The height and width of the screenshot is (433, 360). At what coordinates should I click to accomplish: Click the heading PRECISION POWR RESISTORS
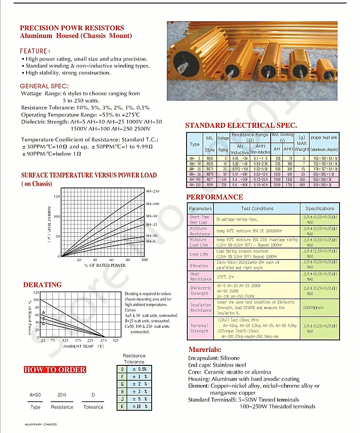click(x=72, y=28)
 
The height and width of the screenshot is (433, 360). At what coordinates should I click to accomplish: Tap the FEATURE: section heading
click(x=35, y=51)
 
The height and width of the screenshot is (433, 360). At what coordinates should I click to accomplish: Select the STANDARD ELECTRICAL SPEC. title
click(x=241, y=126)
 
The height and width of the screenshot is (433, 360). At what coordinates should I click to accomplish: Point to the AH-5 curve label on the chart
click(x=150, y=241)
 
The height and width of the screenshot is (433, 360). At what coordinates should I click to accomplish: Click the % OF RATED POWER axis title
click(x=105, y=265)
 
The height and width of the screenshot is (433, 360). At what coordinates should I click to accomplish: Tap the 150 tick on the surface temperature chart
click(x=57, y=197)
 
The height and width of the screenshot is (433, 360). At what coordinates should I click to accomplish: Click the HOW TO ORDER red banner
click(x=55, y=370)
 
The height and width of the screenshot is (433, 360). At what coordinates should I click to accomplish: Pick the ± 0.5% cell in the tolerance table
click(x=139, y=369)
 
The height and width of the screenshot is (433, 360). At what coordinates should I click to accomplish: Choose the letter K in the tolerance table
click(x=123, y=406)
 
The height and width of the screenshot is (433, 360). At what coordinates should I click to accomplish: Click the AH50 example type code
click(x=35, y=395)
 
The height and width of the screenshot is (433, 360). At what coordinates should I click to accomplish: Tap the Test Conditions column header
click(x=257, y=208)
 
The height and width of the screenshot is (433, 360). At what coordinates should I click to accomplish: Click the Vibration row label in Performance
click(x=199, y=266)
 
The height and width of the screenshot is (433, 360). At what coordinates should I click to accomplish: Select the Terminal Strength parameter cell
click(x=200, y=328)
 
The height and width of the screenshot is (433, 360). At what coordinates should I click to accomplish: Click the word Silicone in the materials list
click(x=229, y=358)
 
